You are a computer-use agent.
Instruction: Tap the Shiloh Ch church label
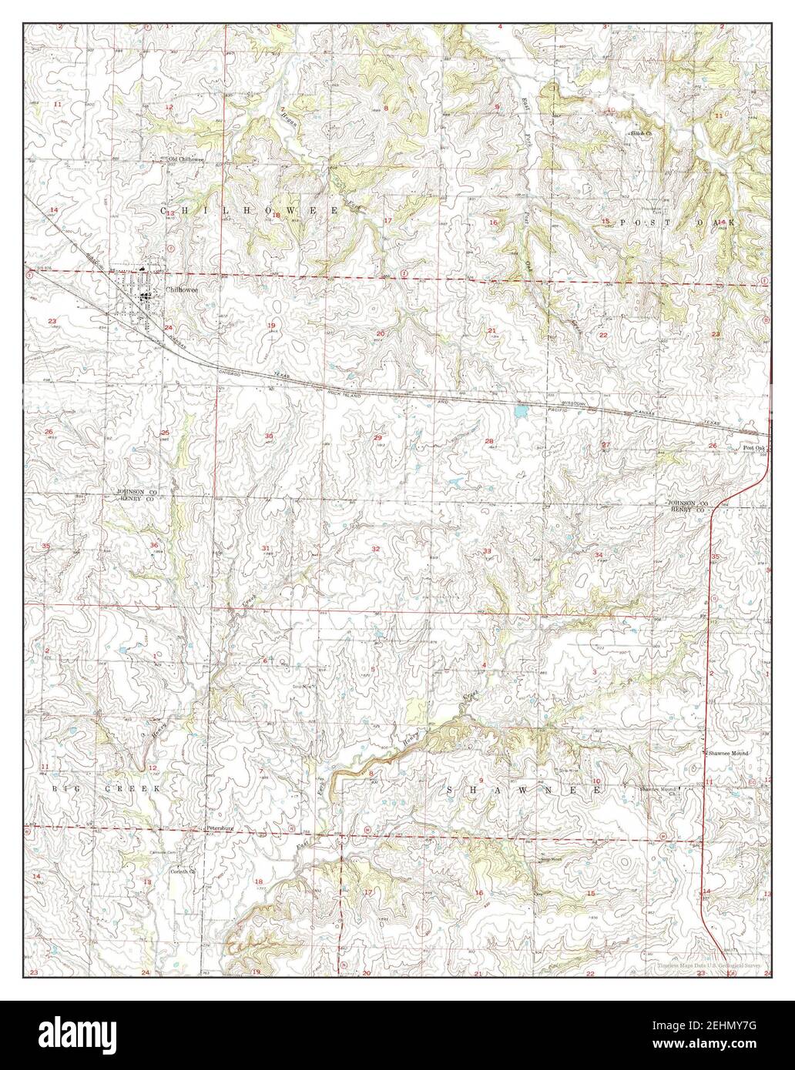pos(642,133)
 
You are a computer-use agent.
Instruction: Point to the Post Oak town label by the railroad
pos(754,448)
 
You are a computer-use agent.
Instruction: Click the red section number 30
pos(269,436)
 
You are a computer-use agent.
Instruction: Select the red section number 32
pos(376,548)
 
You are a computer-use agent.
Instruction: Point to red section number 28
pos(489,441)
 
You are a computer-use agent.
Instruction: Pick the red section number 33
pos(487,551)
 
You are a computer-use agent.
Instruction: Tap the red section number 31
pos(266,548)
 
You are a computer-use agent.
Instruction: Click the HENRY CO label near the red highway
pos(687,510)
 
